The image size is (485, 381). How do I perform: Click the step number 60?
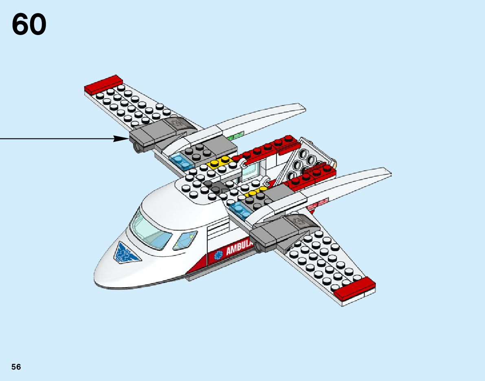(x=29, y=24)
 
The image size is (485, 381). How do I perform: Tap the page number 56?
(x=16, y=367)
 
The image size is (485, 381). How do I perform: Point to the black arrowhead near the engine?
(x=121, y=139)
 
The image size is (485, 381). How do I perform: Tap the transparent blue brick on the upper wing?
(x=181, y=161)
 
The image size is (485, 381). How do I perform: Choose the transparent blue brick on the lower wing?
(x=241, y=209)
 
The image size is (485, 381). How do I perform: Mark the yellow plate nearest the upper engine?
(x=219, y=163)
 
